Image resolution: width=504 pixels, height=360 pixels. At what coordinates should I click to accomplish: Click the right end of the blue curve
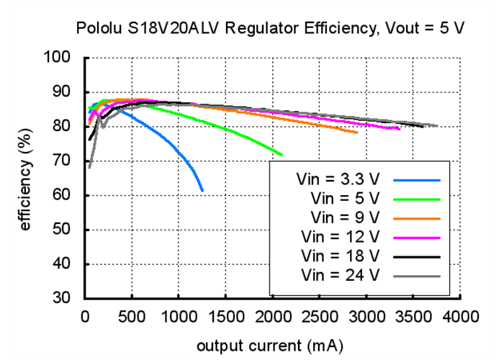(x=202, y=190)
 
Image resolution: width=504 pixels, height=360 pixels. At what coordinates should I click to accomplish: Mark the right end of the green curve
(x=282, y=155)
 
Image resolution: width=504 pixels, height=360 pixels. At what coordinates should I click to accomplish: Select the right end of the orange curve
(x=357, y=132)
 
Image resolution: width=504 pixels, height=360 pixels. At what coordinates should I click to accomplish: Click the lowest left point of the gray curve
(x=89, y=168)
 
